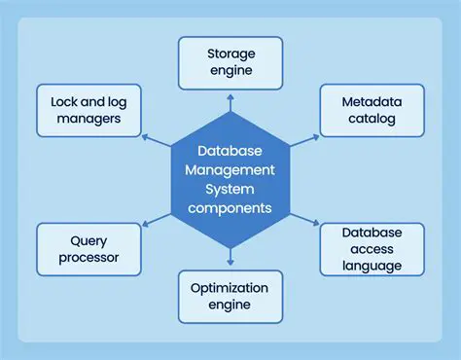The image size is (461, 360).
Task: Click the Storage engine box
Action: (230, 63)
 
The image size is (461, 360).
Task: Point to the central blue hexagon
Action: (230, 180)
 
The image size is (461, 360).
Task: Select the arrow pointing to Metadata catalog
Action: (304, 141)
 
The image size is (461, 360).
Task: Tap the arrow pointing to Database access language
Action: (304, 219)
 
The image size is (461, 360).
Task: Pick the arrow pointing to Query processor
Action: (156, 220)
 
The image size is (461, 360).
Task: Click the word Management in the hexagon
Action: (230, 171)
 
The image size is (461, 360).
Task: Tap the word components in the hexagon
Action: (230, 208)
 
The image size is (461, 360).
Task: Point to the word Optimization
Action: (230, 288)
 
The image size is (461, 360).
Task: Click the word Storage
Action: (230, 54)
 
